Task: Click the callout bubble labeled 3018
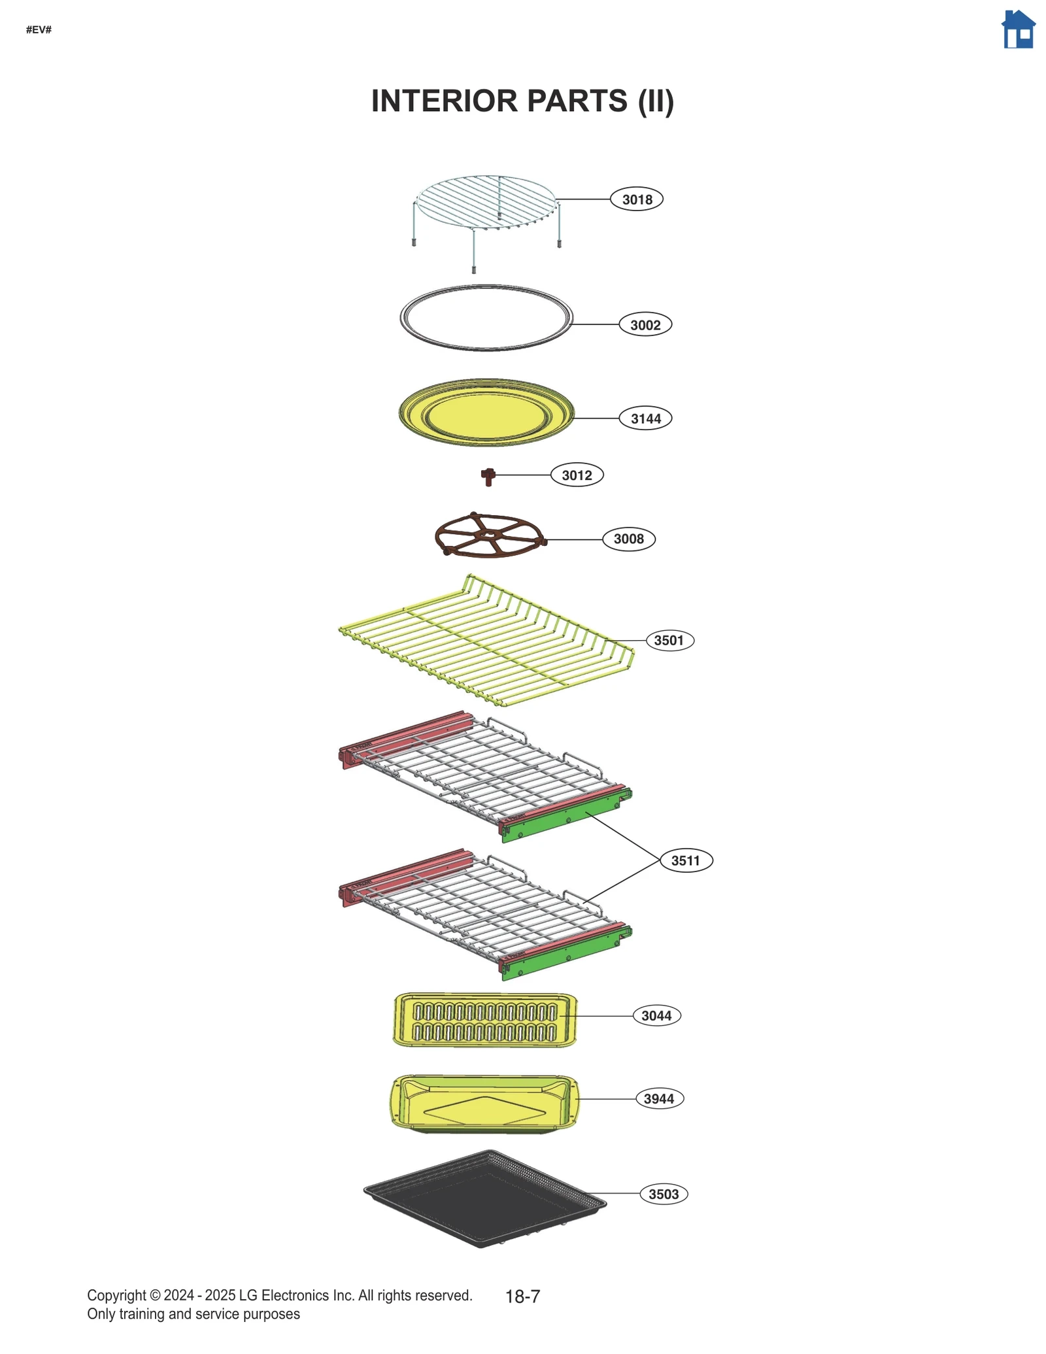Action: pos(636,199)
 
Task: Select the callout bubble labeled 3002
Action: pos(645,325)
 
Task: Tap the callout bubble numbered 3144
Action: pos(645,418)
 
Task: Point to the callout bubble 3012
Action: pos(577,475)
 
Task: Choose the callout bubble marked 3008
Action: pos(628,539)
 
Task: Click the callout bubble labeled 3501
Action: pos(669,640)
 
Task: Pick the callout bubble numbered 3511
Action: pos(685,860)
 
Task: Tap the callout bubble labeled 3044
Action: pos(656,1015)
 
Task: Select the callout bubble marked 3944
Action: pos(659,1098)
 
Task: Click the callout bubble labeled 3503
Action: pos(664,1194)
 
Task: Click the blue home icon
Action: pos(1018,30)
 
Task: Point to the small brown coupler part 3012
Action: pos(488,476)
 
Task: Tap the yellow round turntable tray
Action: pos(486,413)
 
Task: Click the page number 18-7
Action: pos(522,1296)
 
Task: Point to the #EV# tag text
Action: pos(39,30)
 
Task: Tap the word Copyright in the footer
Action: pos(116,1295)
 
